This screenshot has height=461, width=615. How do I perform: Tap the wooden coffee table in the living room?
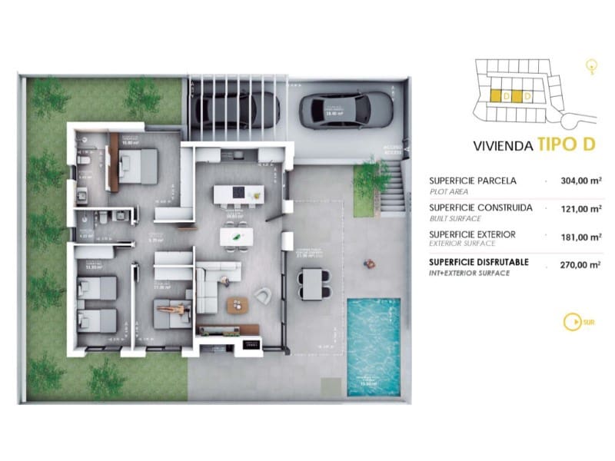pos(238,304)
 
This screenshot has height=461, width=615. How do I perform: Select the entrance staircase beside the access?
pos(392,192)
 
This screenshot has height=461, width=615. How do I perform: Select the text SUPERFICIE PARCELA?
pos(472,181)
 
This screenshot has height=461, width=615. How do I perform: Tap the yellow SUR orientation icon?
pos(571,322)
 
